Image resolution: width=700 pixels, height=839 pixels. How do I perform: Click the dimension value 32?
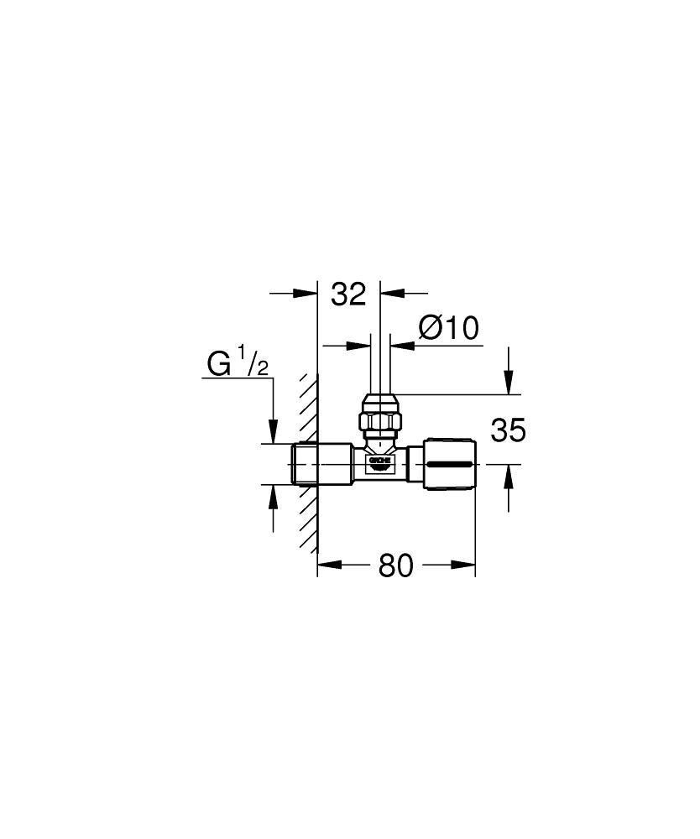pyautogui.click(x=348, y=294)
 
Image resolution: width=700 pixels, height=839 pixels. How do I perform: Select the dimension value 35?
pyautogui.click(x=509, y=430)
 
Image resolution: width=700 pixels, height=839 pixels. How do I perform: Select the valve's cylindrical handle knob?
pyautogui.click(x=450, y=464)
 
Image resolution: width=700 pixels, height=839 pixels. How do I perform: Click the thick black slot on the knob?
pyautogui.click(x=450, y=463)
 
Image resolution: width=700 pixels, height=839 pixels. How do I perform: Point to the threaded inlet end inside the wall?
pyautogui.click(x=306, y=464)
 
